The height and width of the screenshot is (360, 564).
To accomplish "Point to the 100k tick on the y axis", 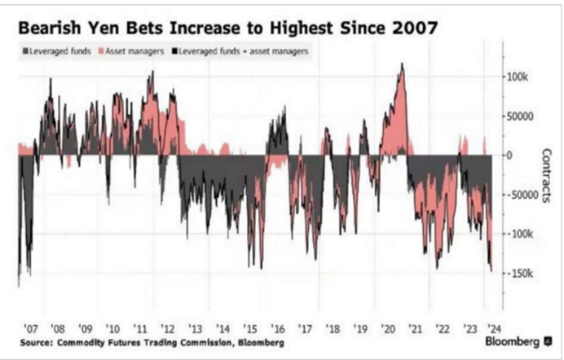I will (518, 76).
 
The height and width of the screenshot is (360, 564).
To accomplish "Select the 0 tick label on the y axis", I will (509, 155).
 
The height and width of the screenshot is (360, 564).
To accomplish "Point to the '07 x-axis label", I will (33, 320).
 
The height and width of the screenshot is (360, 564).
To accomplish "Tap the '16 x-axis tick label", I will (280, 320).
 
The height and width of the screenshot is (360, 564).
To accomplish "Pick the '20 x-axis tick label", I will (390, 320).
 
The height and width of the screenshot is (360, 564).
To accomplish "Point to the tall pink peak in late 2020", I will (401, 67).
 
